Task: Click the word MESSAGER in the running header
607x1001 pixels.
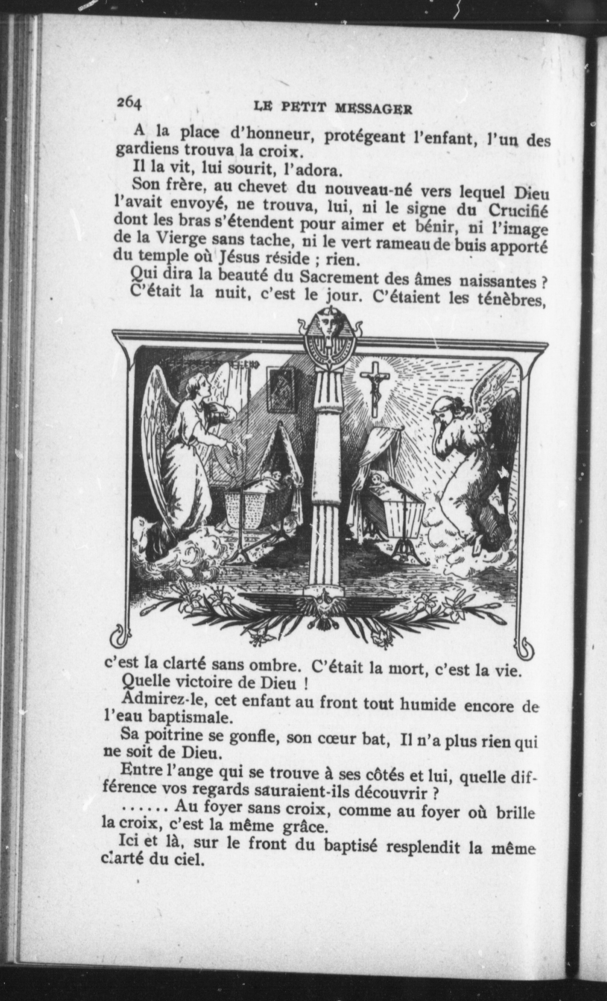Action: coord(374,109)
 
